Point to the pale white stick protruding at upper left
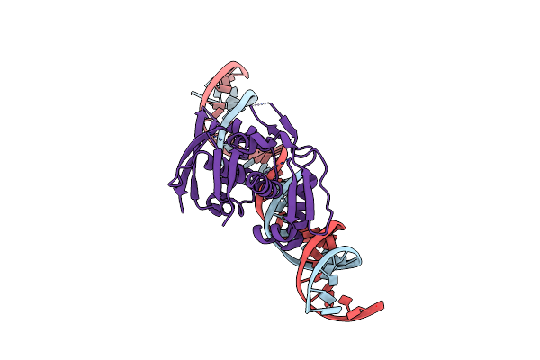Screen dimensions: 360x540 click(x=194, y=92)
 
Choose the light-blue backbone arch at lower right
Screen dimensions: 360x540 click(x=354, y=262)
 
